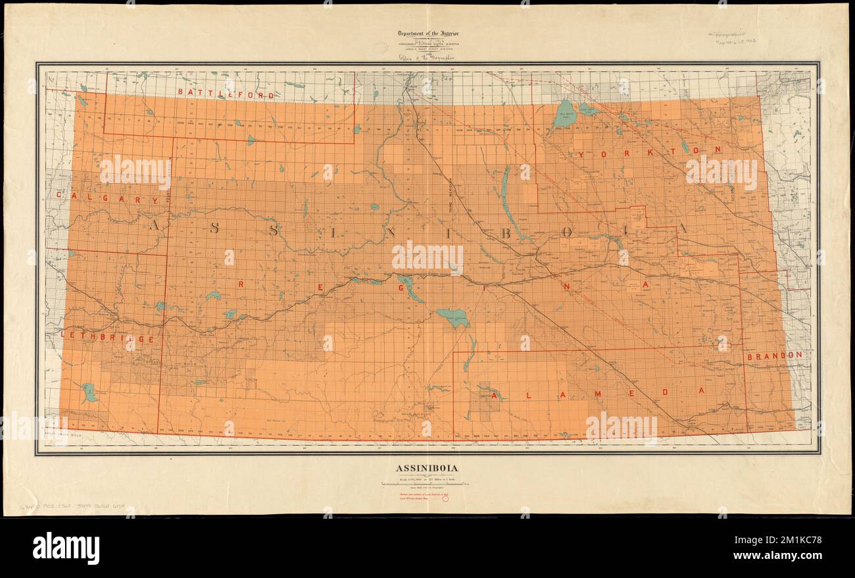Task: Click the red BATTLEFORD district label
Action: [226, 95]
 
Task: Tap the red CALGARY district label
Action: [107, 197]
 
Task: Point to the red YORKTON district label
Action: [650, 151]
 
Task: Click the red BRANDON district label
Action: [774, 355]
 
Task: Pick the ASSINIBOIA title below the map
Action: [427, 469]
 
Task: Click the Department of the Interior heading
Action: [427, 34]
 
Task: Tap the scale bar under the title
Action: [427, 484]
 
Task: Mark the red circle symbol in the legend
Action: [445, 499]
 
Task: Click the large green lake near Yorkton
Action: [564, 114]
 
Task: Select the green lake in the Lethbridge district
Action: [88, 393]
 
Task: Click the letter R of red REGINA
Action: [241, 284]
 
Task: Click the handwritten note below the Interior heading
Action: [427, 57]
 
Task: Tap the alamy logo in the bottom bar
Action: [66, 548]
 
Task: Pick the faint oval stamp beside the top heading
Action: [380, 47]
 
